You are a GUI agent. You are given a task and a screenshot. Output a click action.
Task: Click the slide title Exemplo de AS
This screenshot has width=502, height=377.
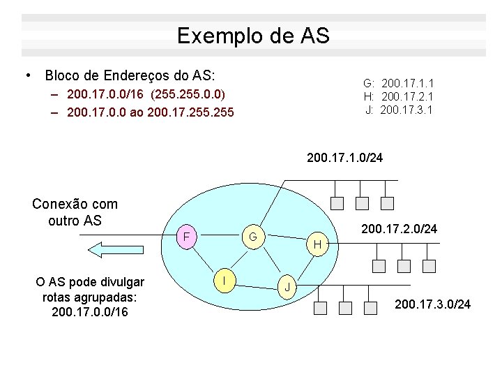[x=252, y=36]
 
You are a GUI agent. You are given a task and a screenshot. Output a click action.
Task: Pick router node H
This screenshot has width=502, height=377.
[x=317, y=244]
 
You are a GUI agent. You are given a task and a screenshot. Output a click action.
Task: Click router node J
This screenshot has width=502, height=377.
[x=287, y=287]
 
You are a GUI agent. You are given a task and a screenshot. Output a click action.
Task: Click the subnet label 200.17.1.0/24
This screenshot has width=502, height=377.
[x=344, y=158]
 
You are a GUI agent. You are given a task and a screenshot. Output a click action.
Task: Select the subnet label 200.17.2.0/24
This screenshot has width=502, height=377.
[x=399, y=228]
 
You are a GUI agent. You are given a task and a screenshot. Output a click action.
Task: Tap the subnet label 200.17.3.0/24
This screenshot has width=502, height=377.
[x=432, y=304]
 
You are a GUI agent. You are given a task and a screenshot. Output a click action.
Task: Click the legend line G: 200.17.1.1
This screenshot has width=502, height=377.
[x=399, y=83]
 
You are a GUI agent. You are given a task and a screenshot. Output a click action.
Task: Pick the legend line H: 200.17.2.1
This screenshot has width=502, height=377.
[x=399, y=96]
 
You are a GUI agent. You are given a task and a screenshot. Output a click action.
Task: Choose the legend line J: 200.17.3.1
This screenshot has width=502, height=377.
[x=399, y=110]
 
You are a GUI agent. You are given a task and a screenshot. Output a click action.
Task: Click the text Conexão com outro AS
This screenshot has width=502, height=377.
[x=75, y=212]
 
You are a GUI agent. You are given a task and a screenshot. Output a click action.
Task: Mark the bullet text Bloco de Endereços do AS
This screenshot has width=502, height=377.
[x=130, y=75]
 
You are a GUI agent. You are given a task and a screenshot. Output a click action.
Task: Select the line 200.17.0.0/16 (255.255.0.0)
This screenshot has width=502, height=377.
[x=146, y=94]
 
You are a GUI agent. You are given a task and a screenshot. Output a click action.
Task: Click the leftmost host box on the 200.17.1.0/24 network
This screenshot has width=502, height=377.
[x=337, y=203]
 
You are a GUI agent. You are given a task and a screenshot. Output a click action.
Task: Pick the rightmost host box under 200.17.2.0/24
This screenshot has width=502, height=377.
[x=429, y=266]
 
